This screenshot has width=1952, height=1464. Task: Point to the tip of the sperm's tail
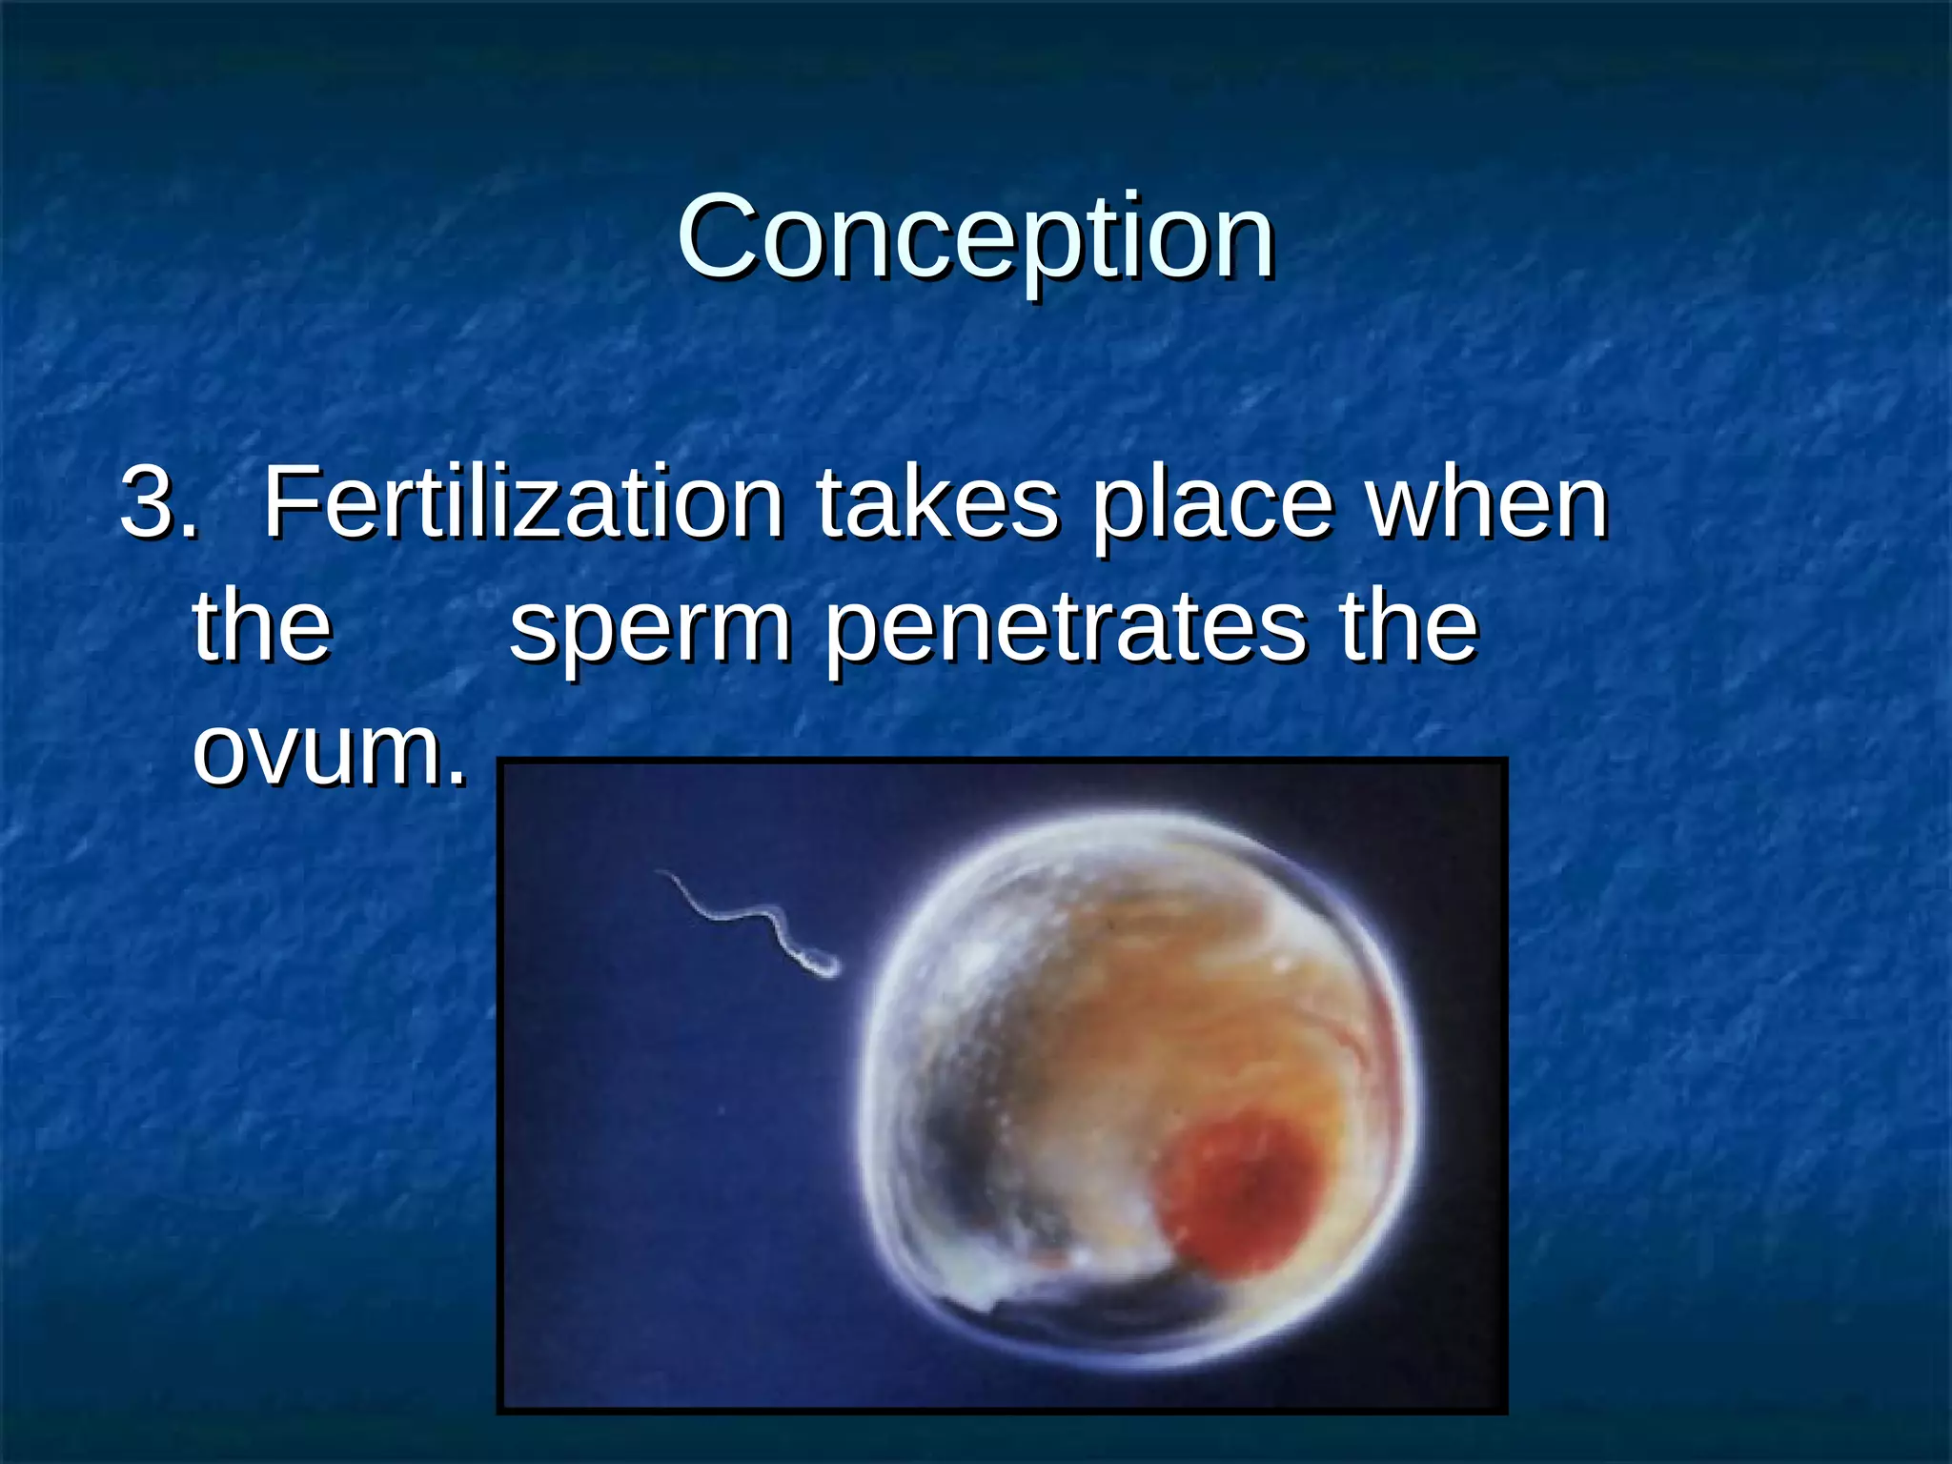click(x=659, y=872)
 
